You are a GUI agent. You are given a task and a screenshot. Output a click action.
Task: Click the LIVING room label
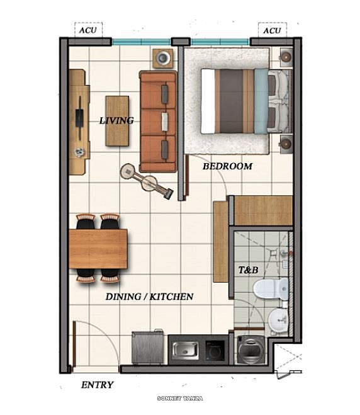(116, 120)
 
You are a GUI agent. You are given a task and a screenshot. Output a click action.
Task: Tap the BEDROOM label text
(227, 167)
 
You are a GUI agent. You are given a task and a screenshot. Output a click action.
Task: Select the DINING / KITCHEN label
(149, 297)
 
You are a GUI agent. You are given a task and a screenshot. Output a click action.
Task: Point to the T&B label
(248, 270)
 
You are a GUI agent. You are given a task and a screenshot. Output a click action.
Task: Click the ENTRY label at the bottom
(98, 385)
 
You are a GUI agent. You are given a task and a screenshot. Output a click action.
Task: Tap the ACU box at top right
(272, 30)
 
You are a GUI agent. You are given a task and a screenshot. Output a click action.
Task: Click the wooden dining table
(98, 248)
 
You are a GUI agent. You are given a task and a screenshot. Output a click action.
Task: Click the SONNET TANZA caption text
(180, 399)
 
